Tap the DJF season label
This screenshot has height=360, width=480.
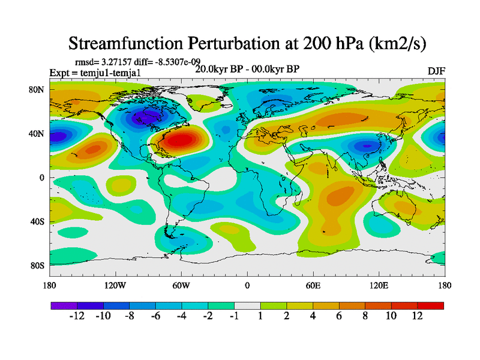pyautogui.click(x=436, y=71)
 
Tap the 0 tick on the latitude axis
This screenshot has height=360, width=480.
pyautogui.click(x=43, y=178)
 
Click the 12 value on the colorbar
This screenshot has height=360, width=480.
pyautogui.click(x=418, y=316)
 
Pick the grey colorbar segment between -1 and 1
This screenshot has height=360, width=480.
pyautogui.click(x=247, y=305)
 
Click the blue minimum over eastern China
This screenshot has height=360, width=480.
pyautogui.click(x=364, y=145)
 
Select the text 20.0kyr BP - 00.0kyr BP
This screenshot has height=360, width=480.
pyautogui.click(x=247, y=69)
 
